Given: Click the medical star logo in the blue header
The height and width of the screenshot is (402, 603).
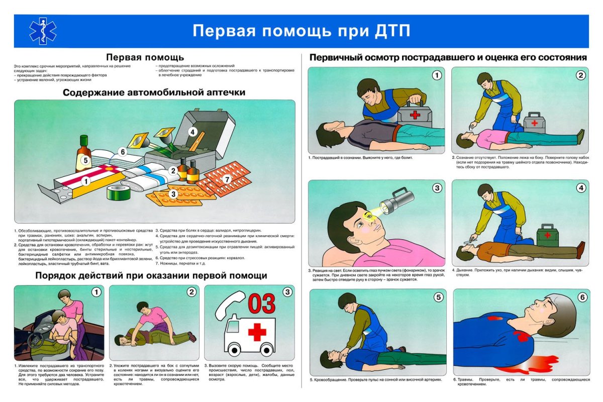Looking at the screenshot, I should [x=42, y=31].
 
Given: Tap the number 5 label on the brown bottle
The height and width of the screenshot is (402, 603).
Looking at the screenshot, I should [x=86, y=161].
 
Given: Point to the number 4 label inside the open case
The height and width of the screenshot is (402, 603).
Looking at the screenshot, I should [x=192, y=132].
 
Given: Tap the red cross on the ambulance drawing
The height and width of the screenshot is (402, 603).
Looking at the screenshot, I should [x=257, y=332].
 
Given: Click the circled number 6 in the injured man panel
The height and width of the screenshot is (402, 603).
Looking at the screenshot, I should [x=582, y=297].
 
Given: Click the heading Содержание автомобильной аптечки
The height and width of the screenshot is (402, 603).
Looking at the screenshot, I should [x=154, y=92].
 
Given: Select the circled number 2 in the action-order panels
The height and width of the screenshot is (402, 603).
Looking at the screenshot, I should [x=191, y=292].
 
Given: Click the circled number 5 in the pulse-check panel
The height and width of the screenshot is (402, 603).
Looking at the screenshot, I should [x=438, y=297].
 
